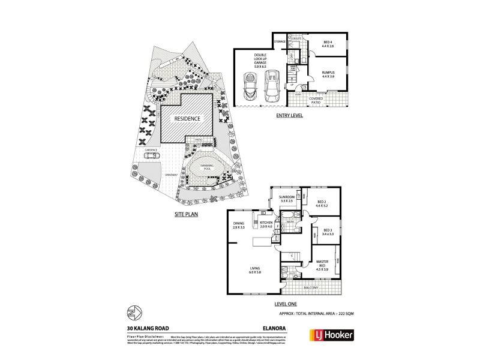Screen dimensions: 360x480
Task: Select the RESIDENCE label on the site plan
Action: pyautogui.click(x=187, y=118)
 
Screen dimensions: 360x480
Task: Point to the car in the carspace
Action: pyautogui.click(x=151, y=155)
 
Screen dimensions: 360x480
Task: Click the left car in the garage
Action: pyautogui.click(x=249, y=87)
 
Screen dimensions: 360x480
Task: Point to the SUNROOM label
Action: pyautogui.click(x=286, y=199)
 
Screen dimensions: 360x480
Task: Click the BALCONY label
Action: pyautogui.click(x=311, y=288)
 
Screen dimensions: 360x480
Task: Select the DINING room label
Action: pyautogui.click(x=239, y=226)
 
